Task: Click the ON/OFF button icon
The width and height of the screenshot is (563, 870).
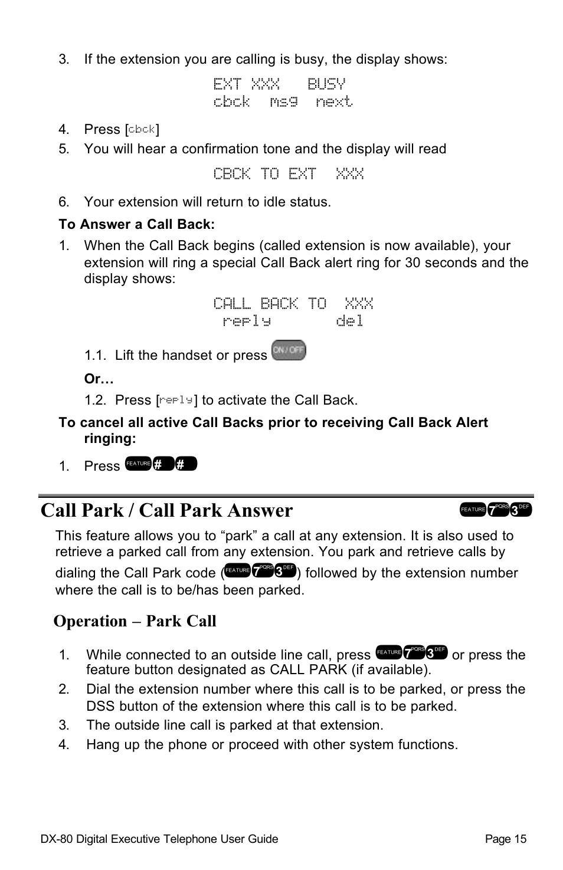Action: click(x=289, y=350)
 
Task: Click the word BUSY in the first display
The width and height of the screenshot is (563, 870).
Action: click(x=326, y=84)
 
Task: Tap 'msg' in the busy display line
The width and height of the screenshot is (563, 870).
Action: click(x=283, y=101)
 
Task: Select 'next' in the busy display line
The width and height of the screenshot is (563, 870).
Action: click(x=334, y=101)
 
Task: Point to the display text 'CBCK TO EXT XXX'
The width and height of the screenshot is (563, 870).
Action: click(x=288, y=174)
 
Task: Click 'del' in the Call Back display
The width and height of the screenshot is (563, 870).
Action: click(x=349, y=321)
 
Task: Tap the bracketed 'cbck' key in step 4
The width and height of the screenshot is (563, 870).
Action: click(x=142, y=129)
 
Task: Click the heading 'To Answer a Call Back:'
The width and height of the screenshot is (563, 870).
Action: click(x=136, y=224)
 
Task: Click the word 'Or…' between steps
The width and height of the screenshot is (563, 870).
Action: click(x=99, y=379)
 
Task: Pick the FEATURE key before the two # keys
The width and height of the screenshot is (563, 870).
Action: click(x=138, y=464)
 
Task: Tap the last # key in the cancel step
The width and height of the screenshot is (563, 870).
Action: click(x=186, y=464)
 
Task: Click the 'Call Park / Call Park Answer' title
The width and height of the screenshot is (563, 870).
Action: click(x=167, y=510)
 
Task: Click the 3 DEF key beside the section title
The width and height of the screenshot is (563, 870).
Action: click(x=521, y=510)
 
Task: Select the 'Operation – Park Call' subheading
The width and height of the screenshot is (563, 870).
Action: click(x=135, y=621)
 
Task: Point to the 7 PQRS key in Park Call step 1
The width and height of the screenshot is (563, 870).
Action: click(x=414, y=652)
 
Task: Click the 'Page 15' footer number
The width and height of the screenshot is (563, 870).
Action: click(x=505, y=839)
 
